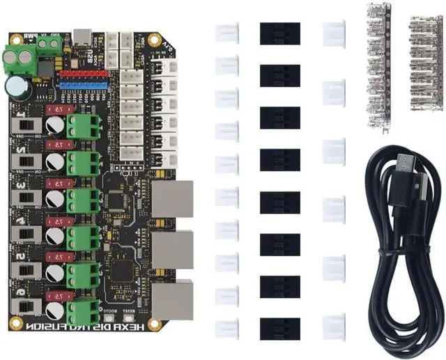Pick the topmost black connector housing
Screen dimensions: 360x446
coord(280,33)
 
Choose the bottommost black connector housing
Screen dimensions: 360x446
coord(280,329)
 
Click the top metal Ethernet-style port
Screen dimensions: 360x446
coord(173,198)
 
